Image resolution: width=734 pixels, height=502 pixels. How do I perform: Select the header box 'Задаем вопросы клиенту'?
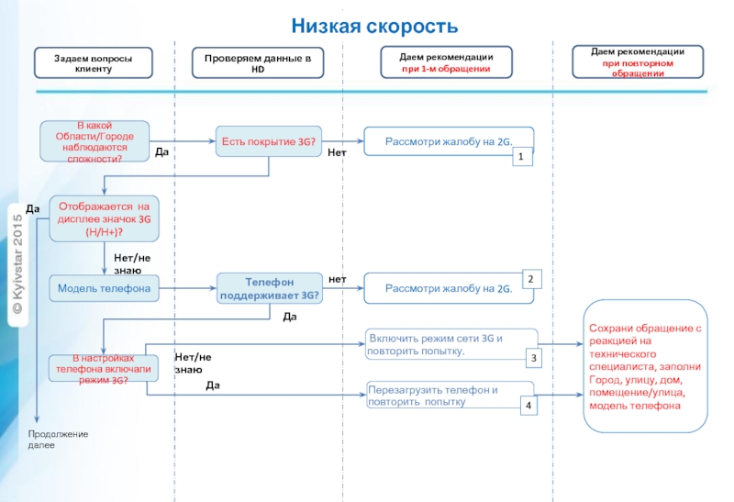[x=93, y=63]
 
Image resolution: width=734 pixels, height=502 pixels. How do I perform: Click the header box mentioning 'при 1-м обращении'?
[x=446, y=62]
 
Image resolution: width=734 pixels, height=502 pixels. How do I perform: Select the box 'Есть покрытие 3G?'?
[x=267, y=141]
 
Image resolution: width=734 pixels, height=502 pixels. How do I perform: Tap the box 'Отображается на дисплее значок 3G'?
[x=104, y=219]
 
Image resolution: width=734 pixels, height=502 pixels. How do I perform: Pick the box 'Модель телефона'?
[x=104, y=288]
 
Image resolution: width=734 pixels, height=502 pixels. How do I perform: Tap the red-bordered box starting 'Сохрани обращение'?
[x=646, y=365]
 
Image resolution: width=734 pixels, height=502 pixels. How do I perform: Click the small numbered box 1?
[x=521, y=159]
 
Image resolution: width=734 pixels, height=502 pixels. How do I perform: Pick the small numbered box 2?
[x=532, y=278]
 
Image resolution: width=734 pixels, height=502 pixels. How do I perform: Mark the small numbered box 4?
[x=528, y=405]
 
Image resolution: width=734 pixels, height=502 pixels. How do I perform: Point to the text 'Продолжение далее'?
[x=57, y=439]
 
